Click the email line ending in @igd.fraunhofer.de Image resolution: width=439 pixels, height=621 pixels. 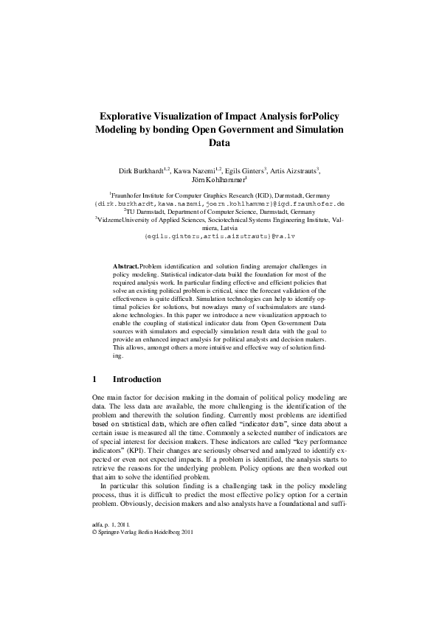[219, 202]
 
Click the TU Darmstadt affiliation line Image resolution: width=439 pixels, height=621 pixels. [219, 210]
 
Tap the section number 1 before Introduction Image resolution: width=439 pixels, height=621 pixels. [95, 379]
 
